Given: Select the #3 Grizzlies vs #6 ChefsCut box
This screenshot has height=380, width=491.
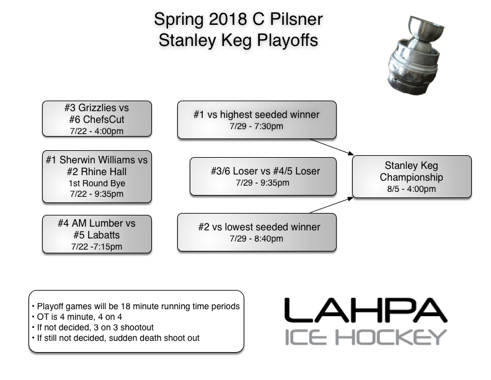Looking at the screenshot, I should point(96,118).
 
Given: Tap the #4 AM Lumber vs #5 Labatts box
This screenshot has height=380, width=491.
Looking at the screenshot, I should point(96,233).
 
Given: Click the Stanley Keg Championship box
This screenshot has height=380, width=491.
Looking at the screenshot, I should point(412,177).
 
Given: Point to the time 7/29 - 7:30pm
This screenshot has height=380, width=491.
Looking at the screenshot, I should point(257,127).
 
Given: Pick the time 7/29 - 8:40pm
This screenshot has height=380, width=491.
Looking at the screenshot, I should point(257,239).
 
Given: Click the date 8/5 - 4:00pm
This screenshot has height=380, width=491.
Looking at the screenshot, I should point(412,189).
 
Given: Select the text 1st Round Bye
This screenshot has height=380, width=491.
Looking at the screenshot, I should point(96,183).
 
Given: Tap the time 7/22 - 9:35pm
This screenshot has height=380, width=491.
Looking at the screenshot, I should point(96,194).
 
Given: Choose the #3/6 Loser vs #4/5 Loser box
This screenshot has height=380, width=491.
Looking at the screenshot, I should point(263,176).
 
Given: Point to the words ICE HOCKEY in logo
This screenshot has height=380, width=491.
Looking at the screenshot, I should point(365,337).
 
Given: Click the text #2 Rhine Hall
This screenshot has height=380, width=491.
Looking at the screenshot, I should point(96,172).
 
